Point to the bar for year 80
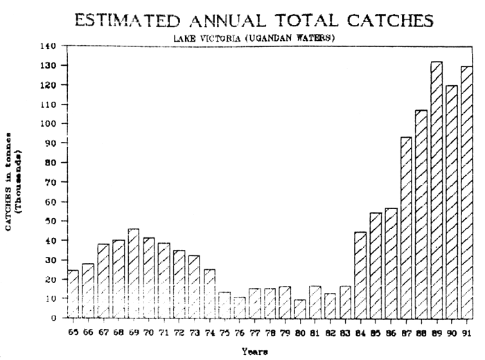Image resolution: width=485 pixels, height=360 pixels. coord(300,309)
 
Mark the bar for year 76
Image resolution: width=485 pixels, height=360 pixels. coord(239,307)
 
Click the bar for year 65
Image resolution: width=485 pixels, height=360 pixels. coord(73,294)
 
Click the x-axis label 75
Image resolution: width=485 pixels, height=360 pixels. coord(224,332)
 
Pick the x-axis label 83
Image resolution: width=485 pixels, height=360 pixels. coord(345,332)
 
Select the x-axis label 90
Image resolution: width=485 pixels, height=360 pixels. coord(452,332)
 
